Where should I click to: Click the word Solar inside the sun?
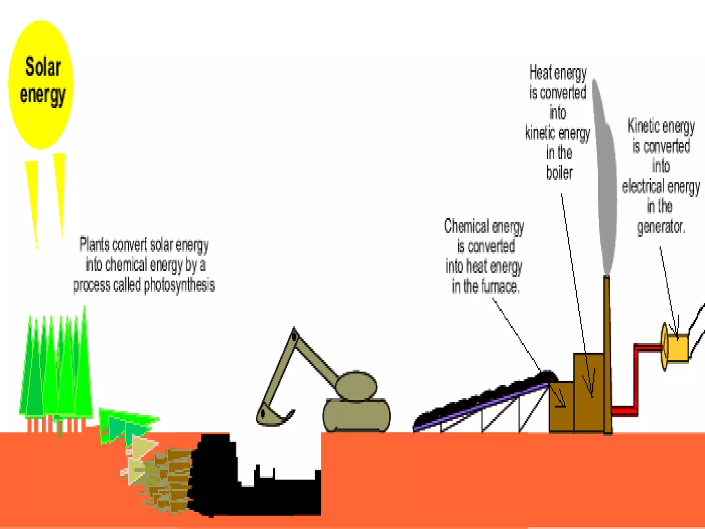click(x=43, y=67)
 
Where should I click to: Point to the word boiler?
click(x=559, y=173)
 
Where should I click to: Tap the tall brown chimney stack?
click(x=608, y=355)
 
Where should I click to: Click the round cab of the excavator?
click(x=356, y=386)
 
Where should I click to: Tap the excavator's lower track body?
click(x=356, y=415)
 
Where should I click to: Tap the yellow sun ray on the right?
click(x=60, y=193)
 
